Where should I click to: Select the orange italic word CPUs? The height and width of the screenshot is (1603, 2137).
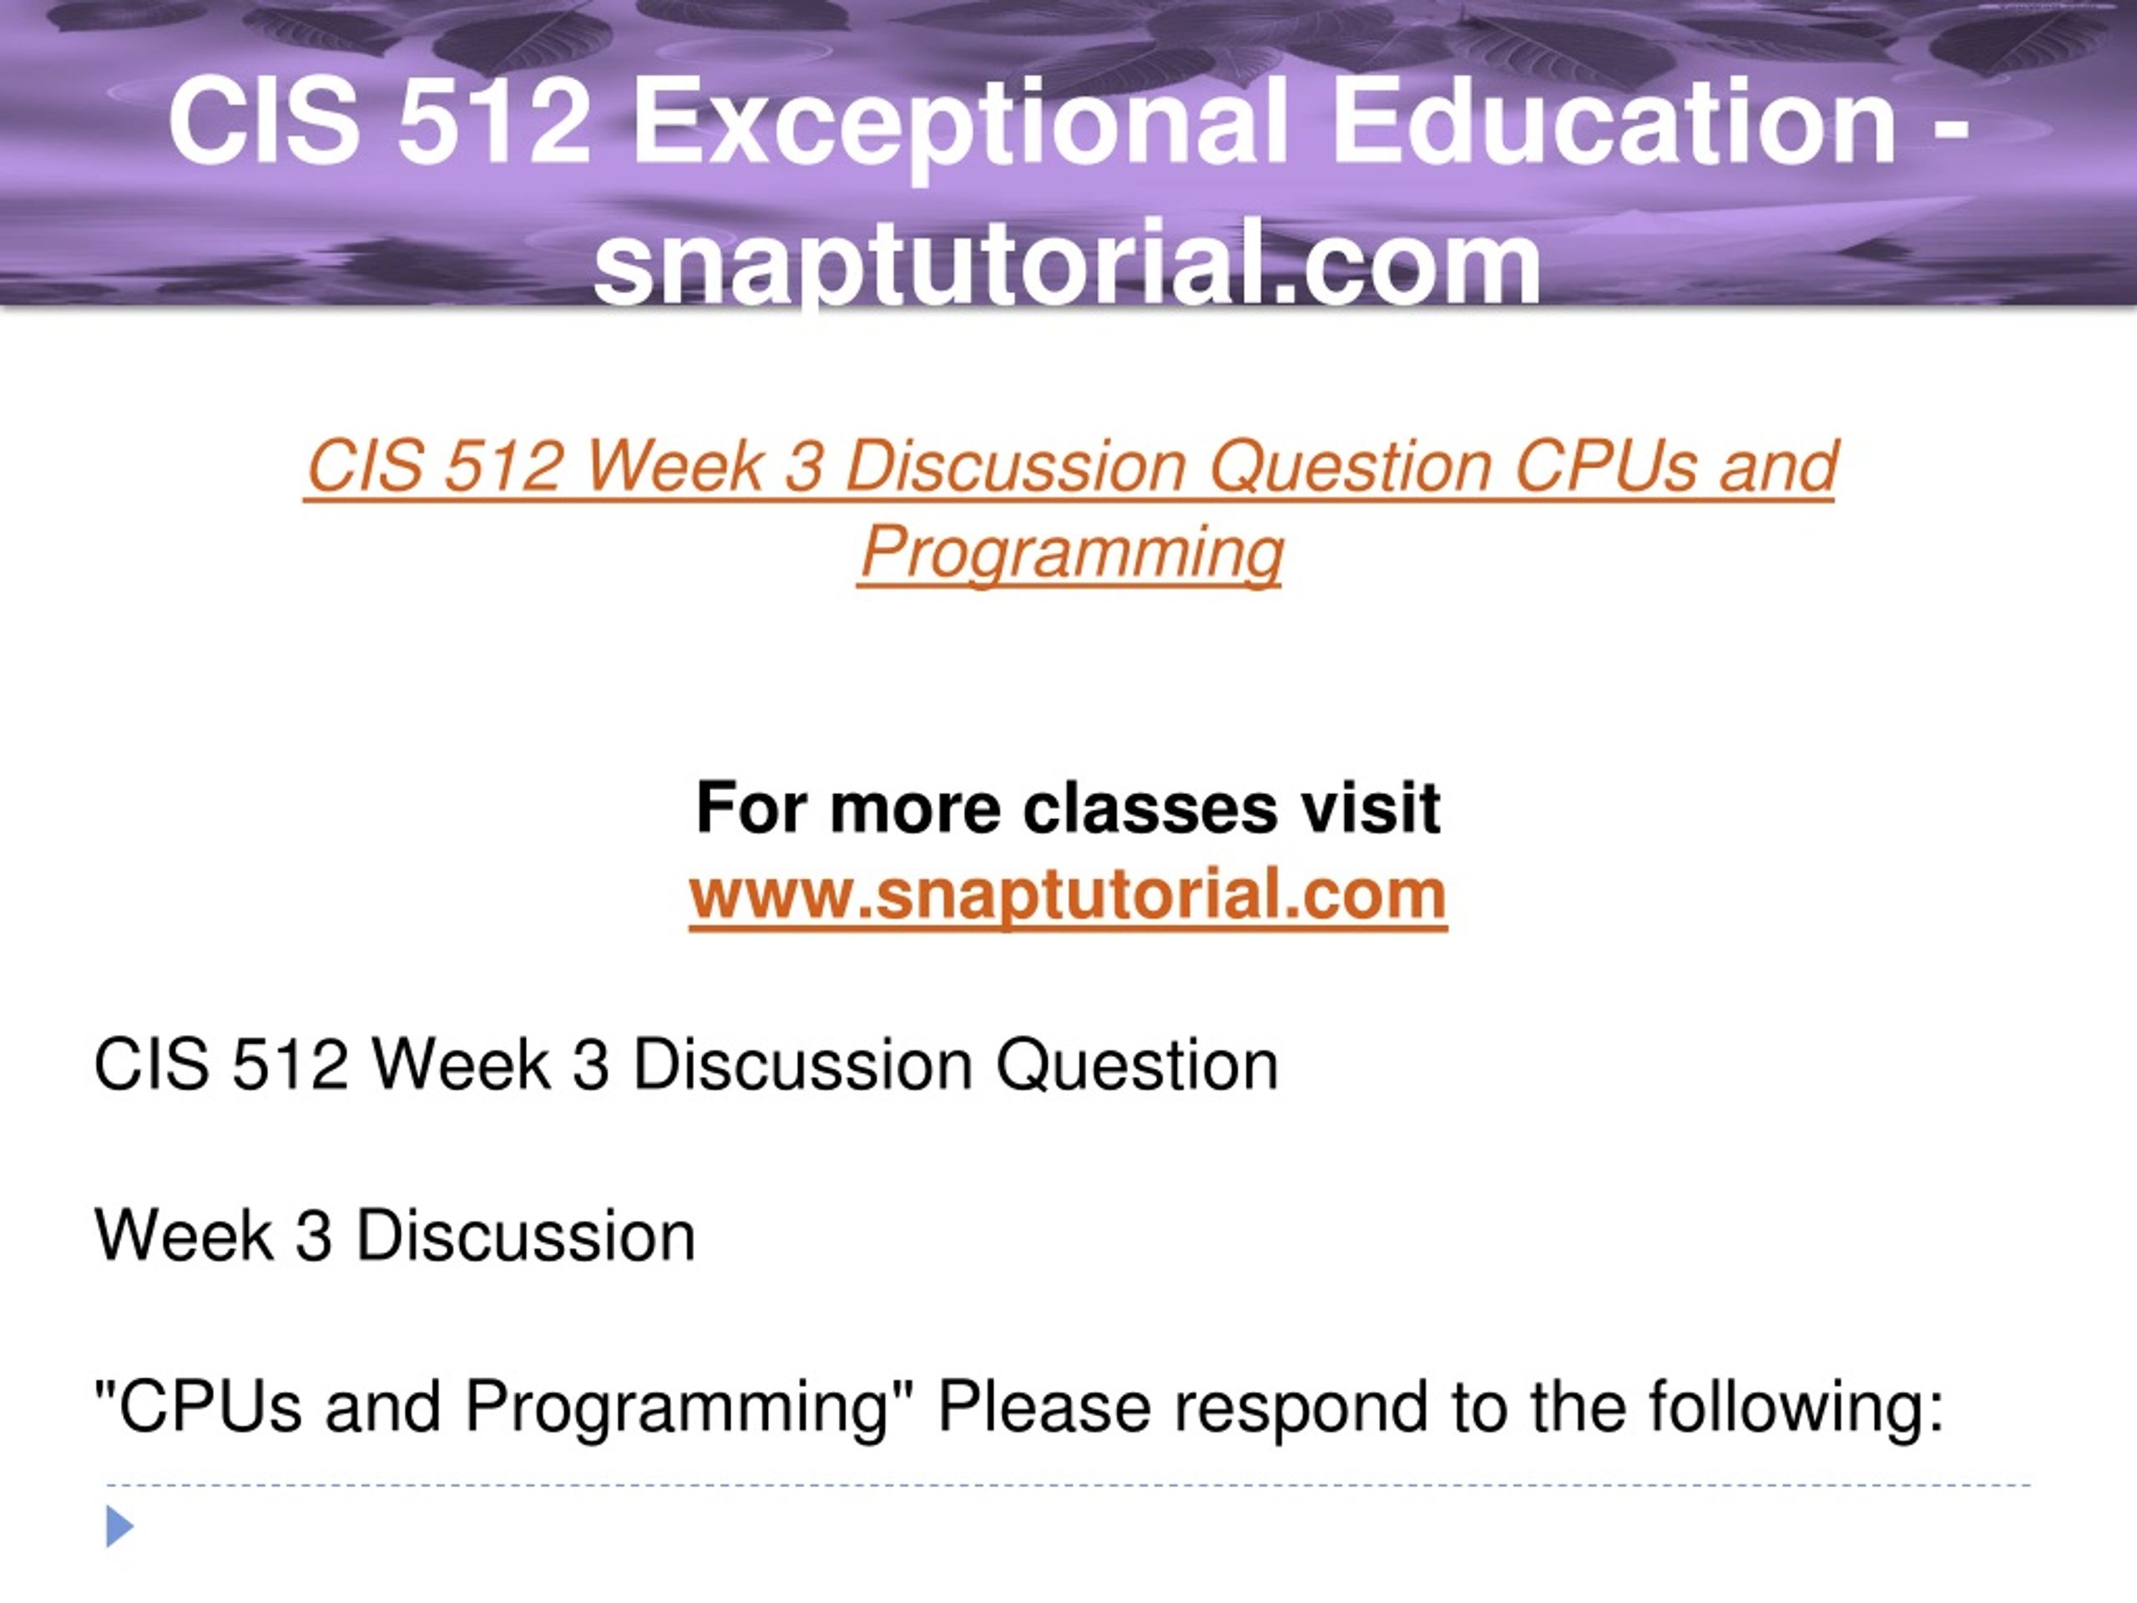tap(1603, 466)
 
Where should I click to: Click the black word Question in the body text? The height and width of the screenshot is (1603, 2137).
tap(1137, 1067)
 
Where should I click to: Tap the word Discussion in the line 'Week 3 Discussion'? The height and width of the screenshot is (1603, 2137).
tap(526, 1236)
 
